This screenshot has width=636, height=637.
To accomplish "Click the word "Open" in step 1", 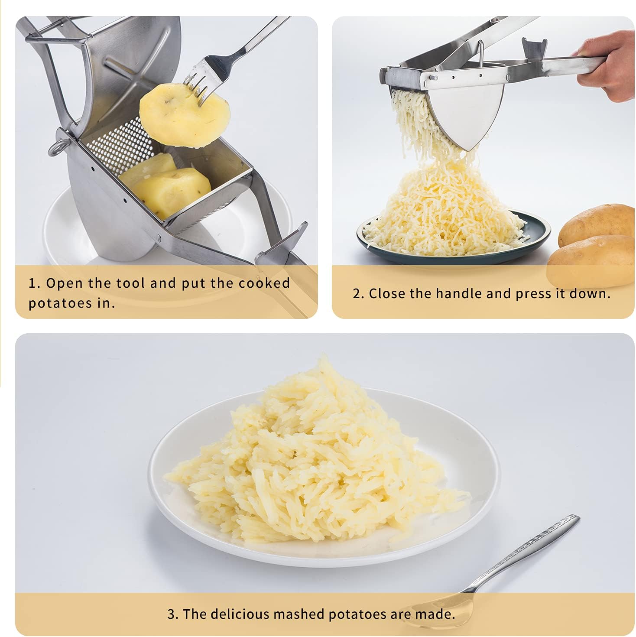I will pyautogui.click(x=65, y=283).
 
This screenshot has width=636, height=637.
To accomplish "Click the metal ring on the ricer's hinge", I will pyautogui.click(x=56, y=147).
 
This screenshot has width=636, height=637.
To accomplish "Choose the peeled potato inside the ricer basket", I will pyautogui.click(x=169, y=191).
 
